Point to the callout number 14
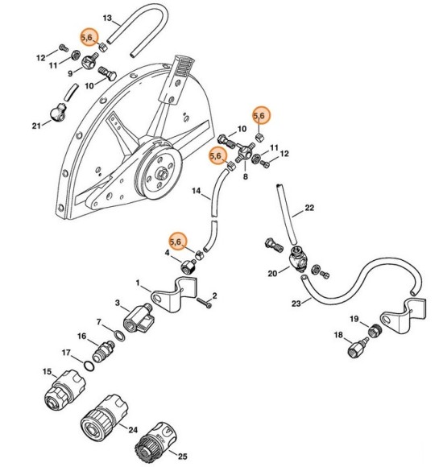[x=196, y=192]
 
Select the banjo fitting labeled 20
[x=297, y=260]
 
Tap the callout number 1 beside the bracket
[x=138, y=283]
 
